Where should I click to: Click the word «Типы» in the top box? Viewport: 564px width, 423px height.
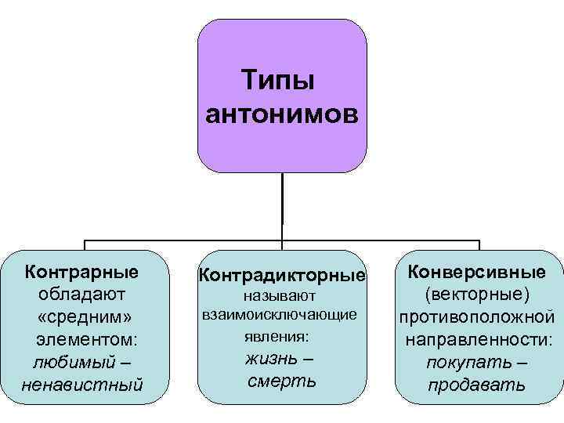click(x=282, y=81)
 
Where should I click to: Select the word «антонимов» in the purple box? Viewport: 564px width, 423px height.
click(x=282, y=114)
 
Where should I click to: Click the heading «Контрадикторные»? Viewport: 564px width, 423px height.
click(x=282, y=275)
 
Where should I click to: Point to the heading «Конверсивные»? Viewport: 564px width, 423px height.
click(x=477, y=272)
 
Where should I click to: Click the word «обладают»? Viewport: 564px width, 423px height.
click(x=82, y=295)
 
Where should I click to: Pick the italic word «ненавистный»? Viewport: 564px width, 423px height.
click(x=82, y=385)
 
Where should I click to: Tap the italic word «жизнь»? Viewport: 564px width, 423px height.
click(x=271, y=359)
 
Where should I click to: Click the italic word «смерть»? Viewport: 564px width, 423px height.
click(x=282, y=381)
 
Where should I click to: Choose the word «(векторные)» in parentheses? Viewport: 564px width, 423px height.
click(x=477, y=295)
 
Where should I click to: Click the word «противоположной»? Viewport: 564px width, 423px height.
click(x=477, y=317)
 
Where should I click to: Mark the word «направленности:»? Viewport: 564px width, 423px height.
click(x=477, y=340)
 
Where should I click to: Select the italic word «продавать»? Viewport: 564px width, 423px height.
click(x=477, y=386)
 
